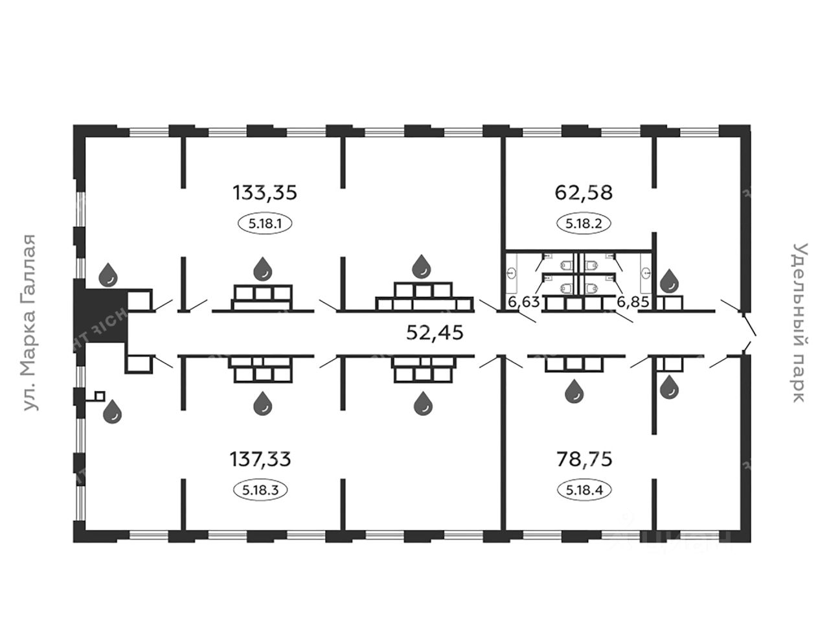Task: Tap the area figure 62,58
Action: [x=584, y=192]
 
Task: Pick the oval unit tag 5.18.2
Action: [x=584, y=224]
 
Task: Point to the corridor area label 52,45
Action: [x=435, y=332]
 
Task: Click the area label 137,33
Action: [x=260, y=459]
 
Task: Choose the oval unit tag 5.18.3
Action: [x=260, y=490]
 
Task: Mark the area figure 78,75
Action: [x=584, y=459]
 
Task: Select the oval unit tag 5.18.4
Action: [x=584, y=490]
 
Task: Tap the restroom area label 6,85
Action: [x=632, y=301]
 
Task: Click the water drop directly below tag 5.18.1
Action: [x=263, y=268]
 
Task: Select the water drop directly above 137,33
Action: [x=263, y=403]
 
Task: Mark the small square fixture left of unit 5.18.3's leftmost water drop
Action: [x=99, y=395]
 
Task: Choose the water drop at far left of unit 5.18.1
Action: [x=108, y=275]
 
